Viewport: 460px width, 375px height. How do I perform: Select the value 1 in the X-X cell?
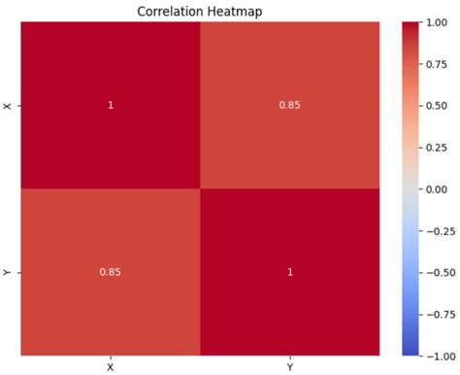click(110, 105)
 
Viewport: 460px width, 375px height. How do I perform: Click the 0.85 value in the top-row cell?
click(288, 105)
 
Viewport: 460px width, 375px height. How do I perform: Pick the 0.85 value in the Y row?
click(110, 272)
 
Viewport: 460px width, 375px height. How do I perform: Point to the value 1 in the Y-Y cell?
click(288, 272)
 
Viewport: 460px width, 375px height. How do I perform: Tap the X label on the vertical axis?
click(9, 105)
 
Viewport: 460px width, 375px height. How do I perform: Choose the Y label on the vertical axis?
click(9, 272)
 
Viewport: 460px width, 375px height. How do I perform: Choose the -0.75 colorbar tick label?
click(439, 314)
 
